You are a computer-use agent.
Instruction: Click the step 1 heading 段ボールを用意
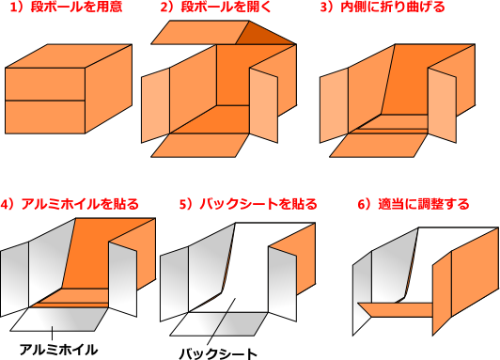pyautogui.click(x=67, y=7)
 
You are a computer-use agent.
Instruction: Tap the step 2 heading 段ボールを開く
pyautogui.click(x=215, y=7)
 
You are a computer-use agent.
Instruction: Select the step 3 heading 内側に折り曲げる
pyautogui.click(x=382, y=7)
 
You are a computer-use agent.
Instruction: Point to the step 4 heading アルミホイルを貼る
pyautogui.click(x=70, y=204)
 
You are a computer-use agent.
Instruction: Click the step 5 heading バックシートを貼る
pyautogui.click(x=248, y=204)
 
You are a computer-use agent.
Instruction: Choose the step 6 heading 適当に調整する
pyautogui.click(x=414, y=204)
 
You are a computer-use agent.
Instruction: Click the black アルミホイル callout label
pyautogui.click(x=58, y=350)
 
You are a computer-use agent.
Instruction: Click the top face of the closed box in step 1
pyautogui.click(x=69, y=56)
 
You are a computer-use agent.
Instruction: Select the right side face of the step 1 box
pyautogui.click(x=108, y=88)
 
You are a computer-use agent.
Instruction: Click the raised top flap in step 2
pyautogui.click(x=200, y=33)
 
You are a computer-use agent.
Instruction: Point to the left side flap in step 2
pyautogui.click(x=155, y=105)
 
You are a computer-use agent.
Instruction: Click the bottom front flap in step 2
pyautogui.click(x=200, y=145)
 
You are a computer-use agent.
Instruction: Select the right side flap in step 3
pyautogui.click(x=443, y=105)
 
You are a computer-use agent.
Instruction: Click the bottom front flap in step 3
pyautogui.click(x=379, y=145)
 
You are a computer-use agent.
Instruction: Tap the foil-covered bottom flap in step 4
pyautogui.click(x=59, y=320)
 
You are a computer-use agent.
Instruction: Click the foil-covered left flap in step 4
pyautogui.click(x=15, y=279)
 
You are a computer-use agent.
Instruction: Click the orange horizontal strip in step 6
pyautogui.click(x=396, y=309)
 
